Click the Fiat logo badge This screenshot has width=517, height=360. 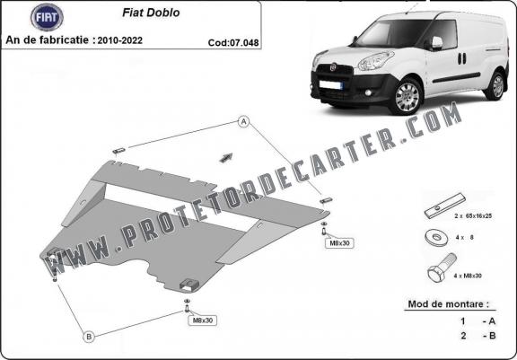47,17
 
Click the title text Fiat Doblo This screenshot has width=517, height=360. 151,13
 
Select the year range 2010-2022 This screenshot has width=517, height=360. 120,40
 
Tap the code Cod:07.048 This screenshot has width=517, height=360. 233,42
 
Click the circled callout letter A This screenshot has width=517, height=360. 243,122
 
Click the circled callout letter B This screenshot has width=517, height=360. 89,337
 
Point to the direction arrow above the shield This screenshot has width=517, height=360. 226,158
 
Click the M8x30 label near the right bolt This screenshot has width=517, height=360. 339,243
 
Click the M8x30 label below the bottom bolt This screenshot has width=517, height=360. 203,320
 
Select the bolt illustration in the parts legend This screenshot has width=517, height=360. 442,268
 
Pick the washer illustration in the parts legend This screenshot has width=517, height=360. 436,237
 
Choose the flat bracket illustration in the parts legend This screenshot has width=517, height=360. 444,206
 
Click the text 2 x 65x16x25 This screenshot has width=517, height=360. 473,216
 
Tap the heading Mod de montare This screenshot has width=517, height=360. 449,304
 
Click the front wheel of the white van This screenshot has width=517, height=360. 407,96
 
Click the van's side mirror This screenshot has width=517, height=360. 436,43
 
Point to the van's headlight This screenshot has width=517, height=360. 375,61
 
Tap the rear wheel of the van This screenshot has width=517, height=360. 496,86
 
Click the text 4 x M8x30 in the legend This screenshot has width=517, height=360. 468,276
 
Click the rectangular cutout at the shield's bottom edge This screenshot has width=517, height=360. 189,285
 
